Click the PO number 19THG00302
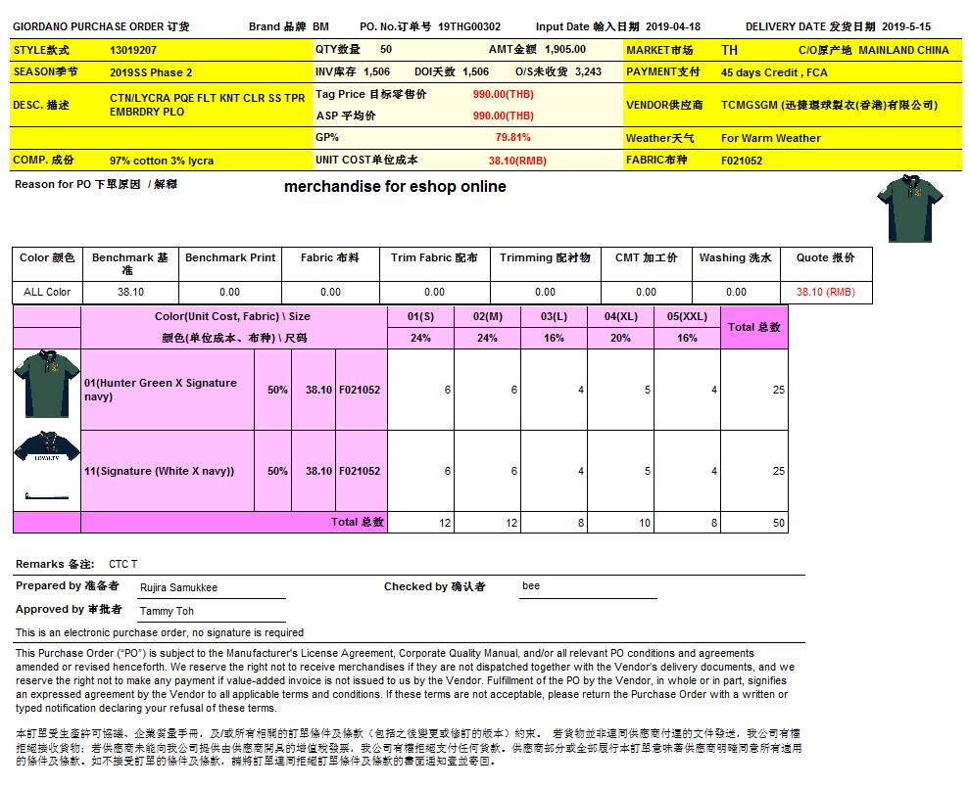tap(469, 27)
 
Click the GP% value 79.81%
tap(513, 138)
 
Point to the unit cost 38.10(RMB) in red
tap(517, 161)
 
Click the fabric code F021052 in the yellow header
tap(742, 161)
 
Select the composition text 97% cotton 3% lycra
tap(162, 161)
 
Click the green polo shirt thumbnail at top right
tap(910, 209)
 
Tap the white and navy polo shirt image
tap(46, 471)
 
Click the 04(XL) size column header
tap(621, 317)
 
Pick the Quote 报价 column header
tap(825, 258)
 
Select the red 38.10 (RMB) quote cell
tap(825, 292)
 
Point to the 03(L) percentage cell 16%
tap(554, 338)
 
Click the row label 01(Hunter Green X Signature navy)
tap(161, 390)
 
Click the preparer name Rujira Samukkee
tap(179, 587)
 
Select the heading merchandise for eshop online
tap(395, 187)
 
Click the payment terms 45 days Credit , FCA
tap(774, 72)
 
